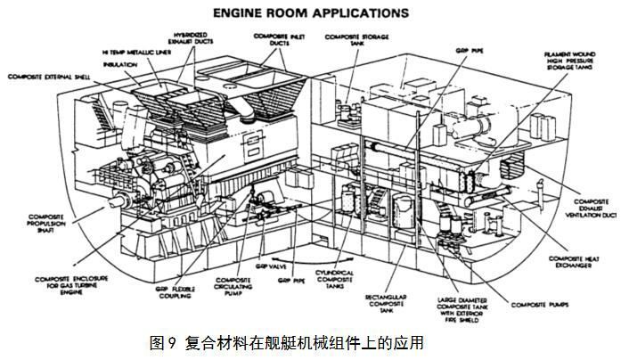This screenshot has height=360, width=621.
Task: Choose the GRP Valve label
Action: point(258,265)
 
